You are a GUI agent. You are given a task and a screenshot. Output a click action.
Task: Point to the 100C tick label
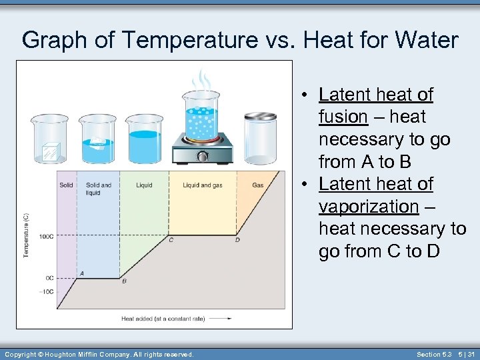(47, 236)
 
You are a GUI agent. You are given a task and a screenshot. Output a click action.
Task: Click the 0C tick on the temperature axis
(49, 278)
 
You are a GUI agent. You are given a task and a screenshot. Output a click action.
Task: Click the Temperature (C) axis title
(27, 236)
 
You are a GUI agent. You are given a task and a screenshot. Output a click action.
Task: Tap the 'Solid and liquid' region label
(98, 189)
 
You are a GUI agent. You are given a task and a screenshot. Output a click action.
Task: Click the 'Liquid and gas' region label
(202, 185)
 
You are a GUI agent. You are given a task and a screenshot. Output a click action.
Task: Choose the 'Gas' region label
(257, 185)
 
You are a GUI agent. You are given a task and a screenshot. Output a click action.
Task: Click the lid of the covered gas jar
(260, 117)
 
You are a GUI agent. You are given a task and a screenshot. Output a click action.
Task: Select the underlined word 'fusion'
(343, 117)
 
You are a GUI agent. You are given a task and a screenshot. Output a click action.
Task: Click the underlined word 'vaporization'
(368, 207)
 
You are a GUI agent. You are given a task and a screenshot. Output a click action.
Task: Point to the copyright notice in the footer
(98, 354)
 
